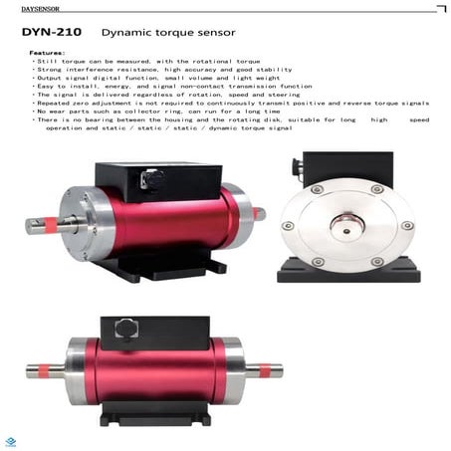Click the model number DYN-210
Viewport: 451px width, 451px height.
coord(48,32)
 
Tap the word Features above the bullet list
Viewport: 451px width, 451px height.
coord(47,52)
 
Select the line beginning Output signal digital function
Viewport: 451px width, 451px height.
coord(130,78)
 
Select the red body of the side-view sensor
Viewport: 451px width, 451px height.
coord(159,370)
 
